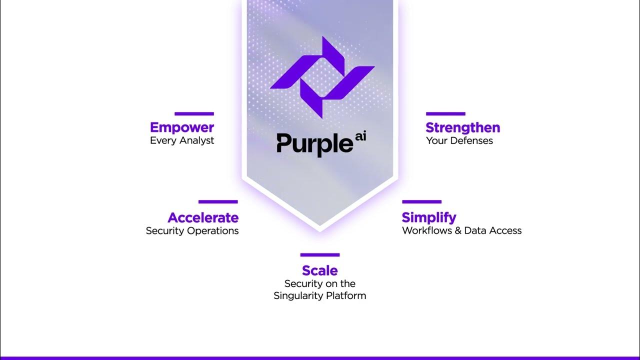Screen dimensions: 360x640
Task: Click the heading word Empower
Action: pyautogui.click(x=182, y=127)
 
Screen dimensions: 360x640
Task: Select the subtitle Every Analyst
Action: pyautogui.click(x=182, y=140)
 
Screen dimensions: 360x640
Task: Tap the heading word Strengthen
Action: pyautogui.click(x=462, y=127)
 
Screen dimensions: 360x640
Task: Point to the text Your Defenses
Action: pyautogui.click(x=459, y=140)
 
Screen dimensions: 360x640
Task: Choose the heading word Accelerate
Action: pyautogui.click(x=203, y=217)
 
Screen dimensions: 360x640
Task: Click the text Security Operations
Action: pyautogui.click(x=192, y=230)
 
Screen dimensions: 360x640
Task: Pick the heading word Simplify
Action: pyautogui.click(x=429, y=217)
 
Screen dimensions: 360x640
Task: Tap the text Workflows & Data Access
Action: pyautogui.click(x=461, y=230)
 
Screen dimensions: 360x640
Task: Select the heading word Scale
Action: pyautogui.click(x=320, y=270)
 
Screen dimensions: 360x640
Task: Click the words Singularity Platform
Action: pyautogui.click(x=320, y=295)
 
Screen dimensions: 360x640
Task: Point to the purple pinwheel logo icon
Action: pyautogui.click(x=322, y=77)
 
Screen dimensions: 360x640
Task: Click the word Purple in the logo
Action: pyautogui.click(x=314, y=143)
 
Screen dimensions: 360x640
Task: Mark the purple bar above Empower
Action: pyautogui.click(x=194, y=114)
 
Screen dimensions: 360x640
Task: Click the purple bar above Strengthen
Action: pyautogui.click(x=445, y=114)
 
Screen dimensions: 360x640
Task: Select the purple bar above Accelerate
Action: pyautogui.click(x=218, y=202)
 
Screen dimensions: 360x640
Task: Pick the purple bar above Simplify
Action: pyautogui.click(x=421, y=202)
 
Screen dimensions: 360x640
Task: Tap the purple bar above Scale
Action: pyautogui.click(x=320, y=255)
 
